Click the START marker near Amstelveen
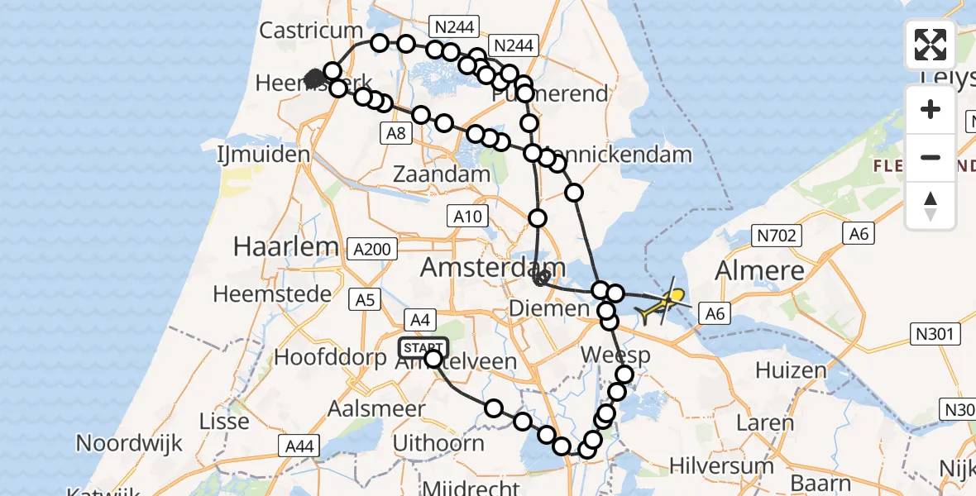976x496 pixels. coord(423,348)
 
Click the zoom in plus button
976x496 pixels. coord(931,110)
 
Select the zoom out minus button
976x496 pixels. coord(931,157)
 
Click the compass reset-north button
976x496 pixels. coord(931,205)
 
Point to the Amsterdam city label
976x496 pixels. coord(494,267)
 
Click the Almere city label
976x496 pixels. coord(759,270)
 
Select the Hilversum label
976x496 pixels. coord(721,465)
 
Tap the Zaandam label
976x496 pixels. coord(442,175)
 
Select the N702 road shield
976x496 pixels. coord(776,236)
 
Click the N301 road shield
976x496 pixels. coord(937,335)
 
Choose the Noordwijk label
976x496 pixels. coord(129,443)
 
